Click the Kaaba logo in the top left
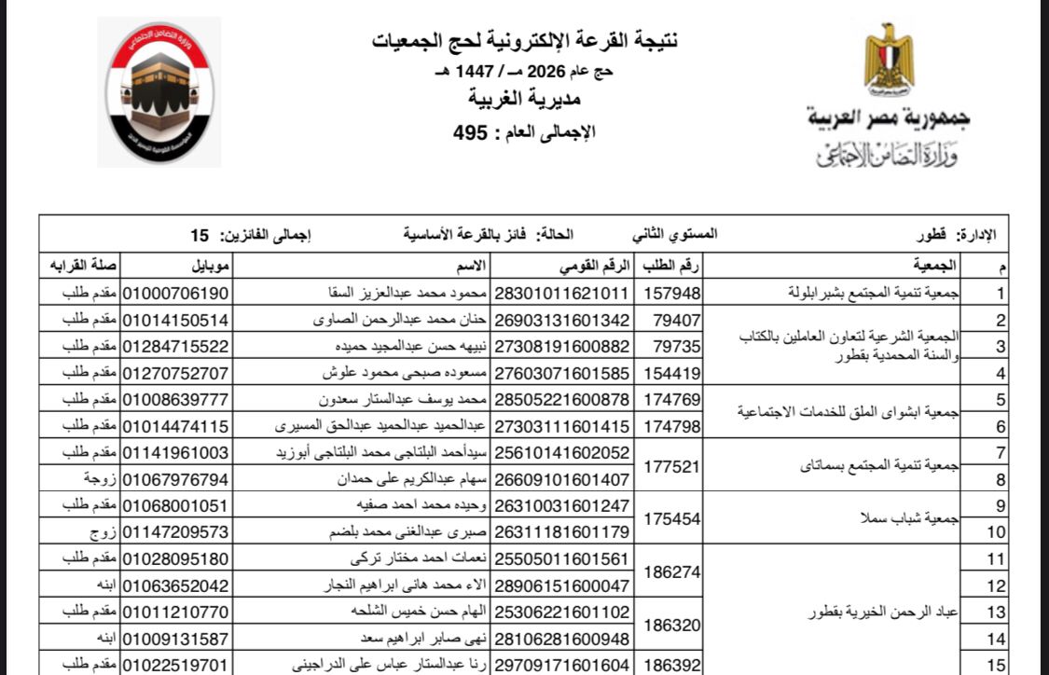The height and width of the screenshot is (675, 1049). pyautogui.click(x=159, y=90)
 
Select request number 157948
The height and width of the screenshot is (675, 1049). pyautogui.click(x=672, y=293)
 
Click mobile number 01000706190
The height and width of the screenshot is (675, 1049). pyautogui.click(x=176, y=293)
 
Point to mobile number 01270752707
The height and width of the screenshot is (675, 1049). pyautogui.click(x=176, y=373)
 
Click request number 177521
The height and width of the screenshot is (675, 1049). pyautogui.click(x=672, y=466)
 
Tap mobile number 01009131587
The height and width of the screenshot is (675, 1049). pyautogui.click(x=176, y=640)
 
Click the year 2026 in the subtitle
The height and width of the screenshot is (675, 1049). pyautogui.click(x=546, y=71)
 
